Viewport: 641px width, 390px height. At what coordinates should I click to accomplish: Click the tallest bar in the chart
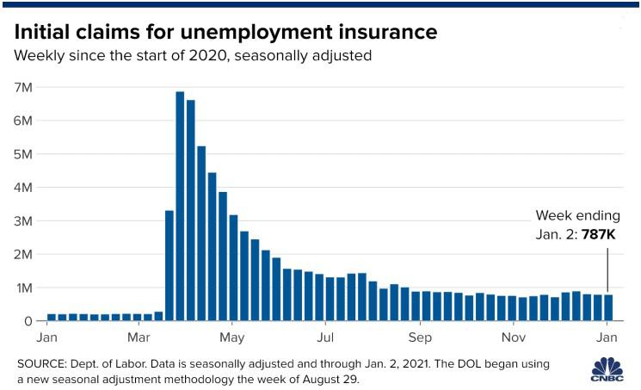tap(181, 207)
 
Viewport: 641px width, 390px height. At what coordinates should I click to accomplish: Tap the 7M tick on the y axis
tap(23, 88)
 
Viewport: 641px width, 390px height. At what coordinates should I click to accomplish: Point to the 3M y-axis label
tap(23, 221)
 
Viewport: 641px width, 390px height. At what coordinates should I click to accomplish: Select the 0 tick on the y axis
tap(28, 321)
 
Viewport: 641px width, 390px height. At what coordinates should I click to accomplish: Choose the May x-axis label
tap(232, 337)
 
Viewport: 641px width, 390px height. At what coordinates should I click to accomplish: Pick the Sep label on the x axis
tap(420, 337)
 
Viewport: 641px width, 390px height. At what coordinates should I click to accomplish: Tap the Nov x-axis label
tap(514, 337)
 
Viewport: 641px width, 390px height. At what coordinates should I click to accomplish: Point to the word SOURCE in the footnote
tap(41, 364)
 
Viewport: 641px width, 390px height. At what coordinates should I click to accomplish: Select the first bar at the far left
tap(52, 318)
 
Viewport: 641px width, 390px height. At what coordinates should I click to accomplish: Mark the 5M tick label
tap(23, 154)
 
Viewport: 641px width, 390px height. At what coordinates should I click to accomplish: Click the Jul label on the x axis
tap(325, 337)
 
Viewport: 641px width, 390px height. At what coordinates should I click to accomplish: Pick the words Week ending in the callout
tap(577, 215)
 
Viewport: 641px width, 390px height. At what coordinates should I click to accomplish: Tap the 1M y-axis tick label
tap(23, 288)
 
